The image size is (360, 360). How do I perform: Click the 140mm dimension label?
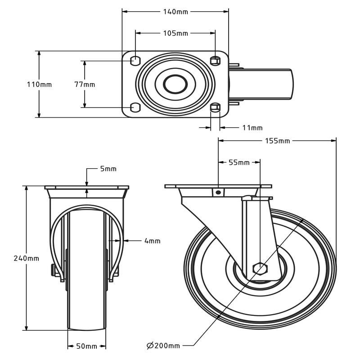tap(175, 12)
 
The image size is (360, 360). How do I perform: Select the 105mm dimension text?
tap(175, 33)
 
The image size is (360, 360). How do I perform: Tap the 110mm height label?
tap(39, 85)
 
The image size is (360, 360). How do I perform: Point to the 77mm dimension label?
tap(85, 85)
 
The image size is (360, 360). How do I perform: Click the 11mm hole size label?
tap(252, 128)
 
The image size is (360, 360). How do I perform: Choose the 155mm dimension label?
tap(277, 141)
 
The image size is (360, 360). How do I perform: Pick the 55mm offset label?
tap(239, 162)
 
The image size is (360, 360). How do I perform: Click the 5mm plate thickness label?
tap(108, 169)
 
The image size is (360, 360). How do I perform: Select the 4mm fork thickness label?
tap(152, 241)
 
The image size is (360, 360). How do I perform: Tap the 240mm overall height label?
tap(27, 258)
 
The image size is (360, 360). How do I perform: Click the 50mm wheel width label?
tap(86, 346)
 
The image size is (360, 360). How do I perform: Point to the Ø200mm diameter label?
tap(163, 345)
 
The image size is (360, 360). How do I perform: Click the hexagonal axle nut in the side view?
tap(260, 268)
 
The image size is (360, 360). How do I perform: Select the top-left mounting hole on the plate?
tap(135, 61)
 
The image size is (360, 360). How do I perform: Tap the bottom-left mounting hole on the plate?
tap(135, 108)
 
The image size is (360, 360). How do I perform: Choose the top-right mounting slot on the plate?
tap(216, 61)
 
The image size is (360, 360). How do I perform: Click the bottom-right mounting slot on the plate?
tap(216, 108)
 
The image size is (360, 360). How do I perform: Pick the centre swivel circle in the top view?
tap(175, 84)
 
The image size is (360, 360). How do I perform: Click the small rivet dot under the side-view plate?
tap(218, 193)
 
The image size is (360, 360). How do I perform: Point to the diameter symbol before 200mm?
tap(150, 345)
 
